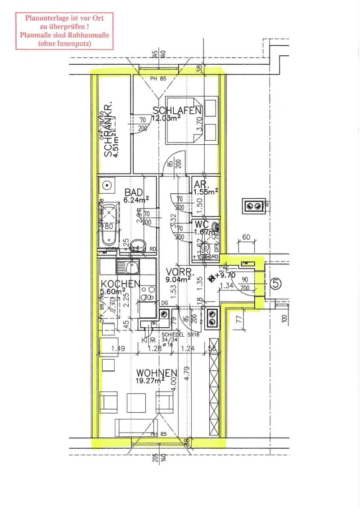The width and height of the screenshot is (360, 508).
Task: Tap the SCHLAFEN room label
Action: coord(176,111)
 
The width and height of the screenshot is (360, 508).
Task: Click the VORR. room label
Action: coord(180,272)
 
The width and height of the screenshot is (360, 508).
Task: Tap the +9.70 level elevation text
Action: coord(226,275)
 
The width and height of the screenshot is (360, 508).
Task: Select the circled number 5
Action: coord(276,284)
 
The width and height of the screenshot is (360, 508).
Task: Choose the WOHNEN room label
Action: coord(157,373)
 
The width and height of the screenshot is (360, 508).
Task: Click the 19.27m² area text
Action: coord(150,381)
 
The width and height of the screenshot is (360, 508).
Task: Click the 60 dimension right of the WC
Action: coord(246,237)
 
